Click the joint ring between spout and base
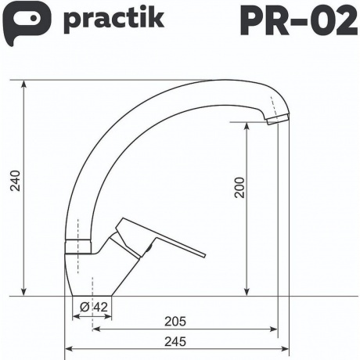[x=73, y=244]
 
